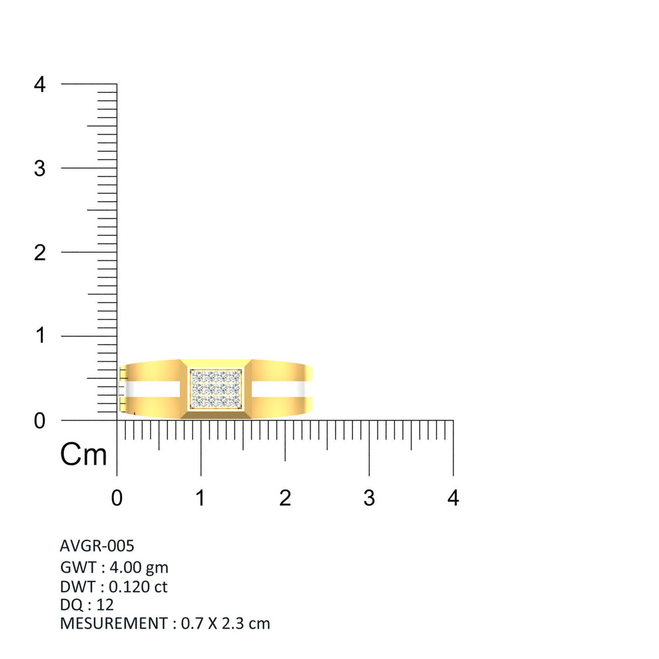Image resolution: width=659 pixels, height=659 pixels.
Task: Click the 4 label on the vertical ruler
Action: click(40, 84)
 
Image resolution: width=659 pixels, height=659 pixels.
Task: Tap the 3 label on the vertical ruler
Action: click(40, 169)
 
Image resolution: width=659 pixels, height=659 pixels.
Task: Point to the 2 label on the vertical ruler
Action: click(40, 252)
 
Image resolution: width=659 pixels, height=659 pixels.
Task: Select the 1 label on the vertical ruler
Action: click(40, 336)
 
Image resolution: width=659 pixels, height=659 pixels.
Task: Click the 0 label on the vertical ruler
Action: click(40, 420)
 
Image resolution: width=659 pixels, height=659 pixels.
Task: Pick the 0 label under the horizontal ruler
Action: click(117, 498)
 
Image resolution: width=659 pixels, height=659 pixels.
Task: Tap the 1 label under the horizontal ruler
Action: click(200, 498)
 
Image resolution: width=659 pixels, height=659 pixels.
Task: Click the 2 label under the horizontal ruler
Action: click(285, 498)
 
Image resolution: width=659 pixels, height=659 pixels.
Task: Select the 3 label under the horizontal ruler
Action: click(369, 498)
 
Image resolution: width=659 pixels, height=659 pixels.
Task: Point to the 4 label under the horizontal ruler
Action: click(453, 498)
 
